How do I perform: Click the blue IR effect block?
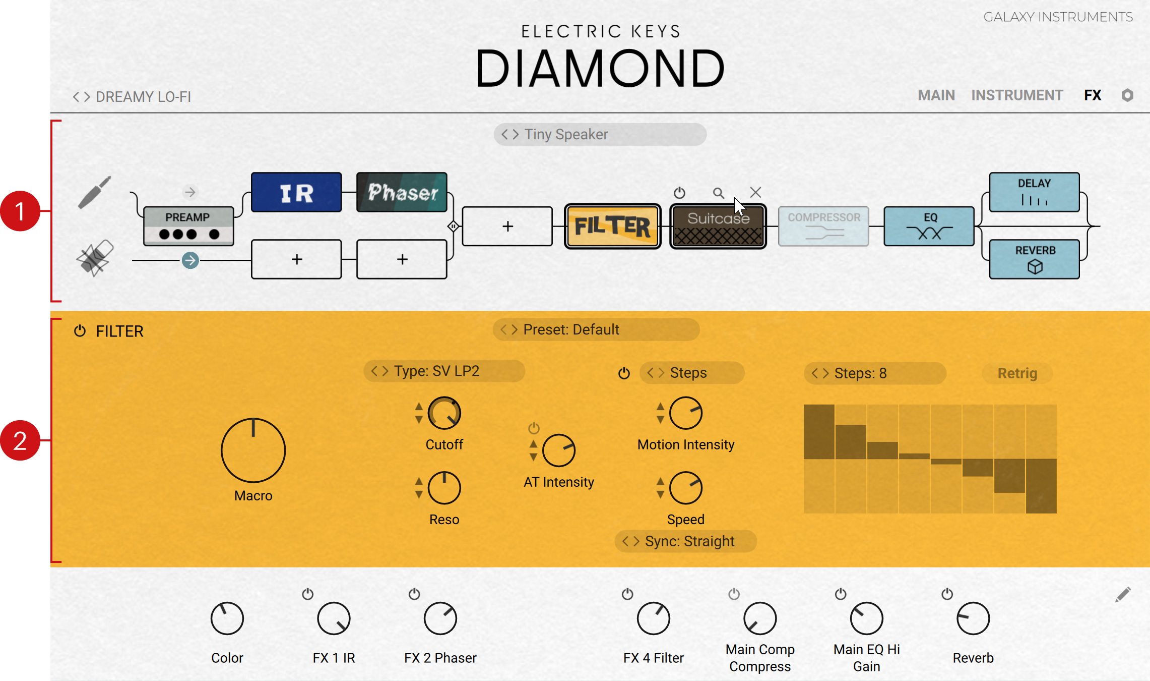(x=296, y=192)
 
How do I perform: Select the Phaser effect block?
(x=402, y=192)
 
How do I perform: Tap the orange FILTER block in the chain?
(x=612, y=226)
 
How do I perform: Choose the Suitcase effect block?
(x=718, y=226)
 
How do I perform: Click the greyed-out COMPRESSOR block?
(x=823, y=226)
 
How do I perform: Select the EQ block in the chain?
(x=929, y=226)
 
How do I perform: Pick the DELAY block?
(x=1034, y=192)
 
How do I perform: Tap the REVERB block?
(x=1034, y=259)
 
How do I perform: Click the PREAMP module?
(x=188, y=226)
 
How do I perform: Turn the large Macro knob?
(x=253, y=450)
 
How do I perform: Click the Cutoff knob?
(x=444, y=413)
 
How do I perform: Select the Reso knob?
(x=444, y=488)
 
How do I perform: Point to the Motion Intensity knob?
(x=686, y=413)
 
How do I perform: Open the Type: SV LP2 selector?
(x=444, y=371)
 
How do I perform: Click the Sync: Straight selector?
(x=686, y=541)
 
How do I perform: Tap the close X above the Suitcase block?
(x=755, y=192)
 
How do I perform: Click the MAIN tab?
(x=936, y=95)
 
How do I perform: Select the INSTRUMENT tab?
(x=1017, y=95)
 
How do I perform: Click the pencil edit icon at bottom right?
(x=1123, y=595)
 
